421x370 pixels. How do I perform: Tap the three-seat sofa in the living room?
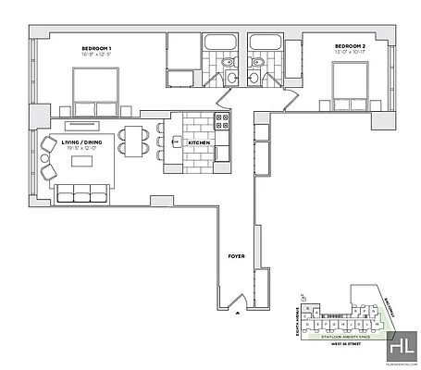click(80, 192)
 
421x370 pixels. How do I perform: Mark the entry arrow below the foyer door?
click(239, 315)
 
